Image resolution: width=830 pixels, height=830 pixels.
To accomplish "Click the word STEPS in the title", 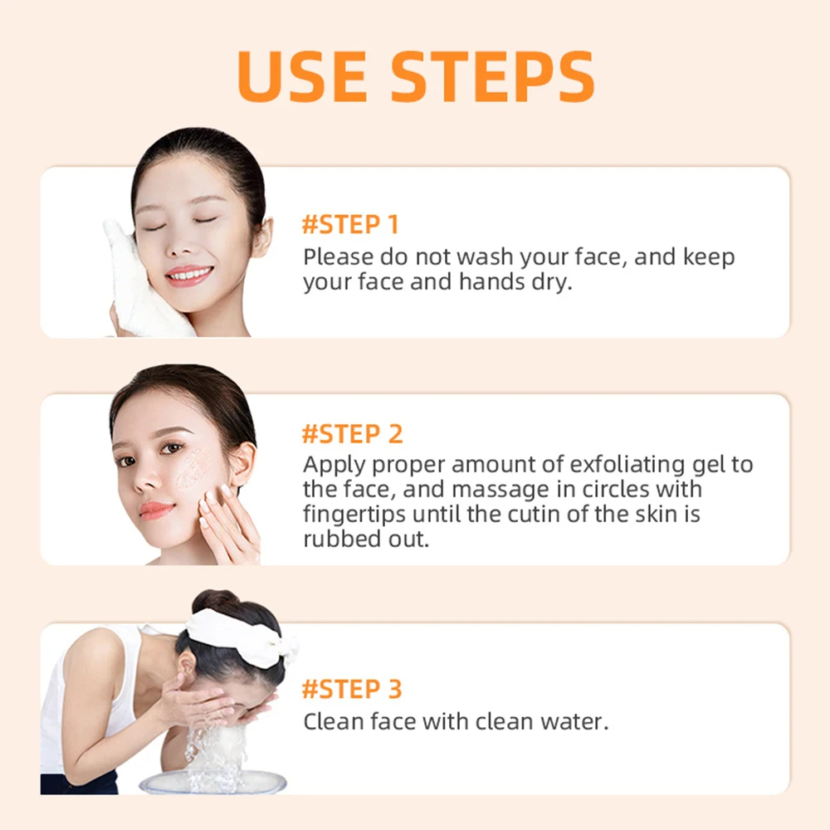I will pos(492,76).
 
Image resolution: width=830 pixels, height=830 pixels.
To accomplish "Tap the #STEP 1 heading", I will pos(349,225).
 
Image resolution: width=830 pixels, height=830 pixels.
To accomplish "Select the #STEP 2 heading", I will pos(352,434).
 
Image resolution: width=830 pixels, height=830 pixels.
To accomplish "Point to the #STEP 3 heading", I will pos(352,689).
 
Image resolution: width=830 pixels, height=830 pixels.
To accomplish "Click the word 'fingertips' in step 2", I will pos(355,514).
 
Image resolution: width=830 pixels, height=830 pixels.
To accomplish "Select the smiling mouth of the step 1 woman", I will pos(188,275).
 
